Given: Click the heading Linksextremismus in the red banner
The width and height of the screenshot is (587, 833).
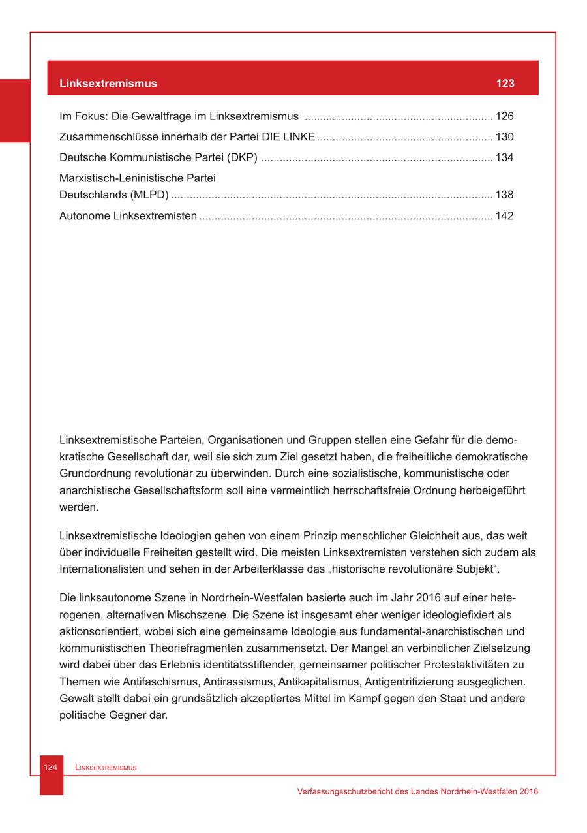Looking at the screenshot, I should coord(108,84).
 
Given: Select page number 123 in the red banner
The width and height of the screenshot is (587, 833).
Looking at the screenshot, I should coord(505,84).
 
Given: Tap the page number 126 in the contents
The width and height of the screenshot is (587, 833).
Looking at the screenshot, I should coord(505,117).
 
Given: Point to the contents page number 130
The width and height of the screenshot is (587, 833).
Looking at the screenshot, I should coord(505,137).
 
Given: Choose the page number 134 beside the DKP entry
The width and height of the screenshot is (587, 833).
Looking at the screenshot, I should coord(505,158).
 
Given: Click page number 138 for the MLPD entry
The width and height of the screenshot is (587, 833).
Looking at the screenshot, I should coord(505,195).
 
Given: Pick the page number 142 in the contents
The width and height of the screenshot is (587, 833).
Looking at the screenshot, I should coord(505,216).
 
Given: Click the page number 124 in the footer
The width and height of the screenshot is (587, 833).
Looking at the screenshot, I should coord(51,768).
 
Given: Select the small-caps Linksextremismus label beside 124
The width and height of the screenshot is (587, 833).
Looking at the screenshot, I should coord(106,768).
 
